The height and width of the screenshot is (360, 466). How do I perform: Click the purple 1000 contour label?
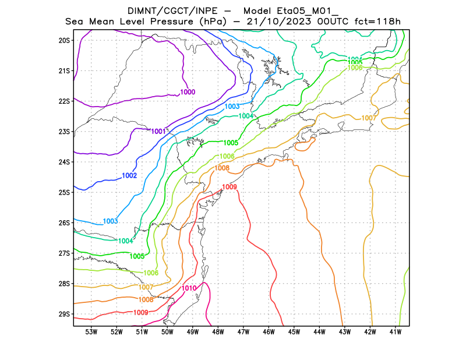pos(188,92)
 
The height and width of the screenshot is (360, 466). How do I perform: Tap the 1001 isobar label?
pos(159,131)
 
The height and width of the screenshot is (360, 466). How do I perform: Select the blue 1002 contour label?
pos(129,175)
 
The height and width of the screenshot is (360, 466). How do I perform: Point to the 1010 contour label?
pos(189,288)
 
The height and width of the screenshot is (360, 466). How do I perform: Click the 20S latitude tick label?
pos(64,40)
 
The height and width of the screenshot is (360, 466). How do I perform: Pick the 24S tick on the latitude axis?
pos(64,162)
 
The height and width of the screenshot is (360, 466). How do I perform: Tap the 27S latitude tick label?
pos(64,253)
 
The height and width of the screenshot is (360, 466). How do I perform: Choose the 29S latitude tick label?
pos(64,314)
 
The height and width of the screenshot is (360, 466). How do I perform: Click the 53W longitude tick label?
pos(91,332)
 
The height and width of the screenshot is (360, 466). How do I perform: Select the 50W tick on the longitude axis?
pos(167,332)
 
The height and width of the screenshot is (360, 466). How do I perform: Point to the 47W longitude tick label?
pos(243,332)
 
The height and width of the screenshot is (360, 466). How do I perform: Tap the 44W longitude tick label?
pos(319,332)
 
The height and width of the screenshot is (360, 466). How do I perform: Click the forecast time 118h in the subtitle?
pos(390,22)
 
